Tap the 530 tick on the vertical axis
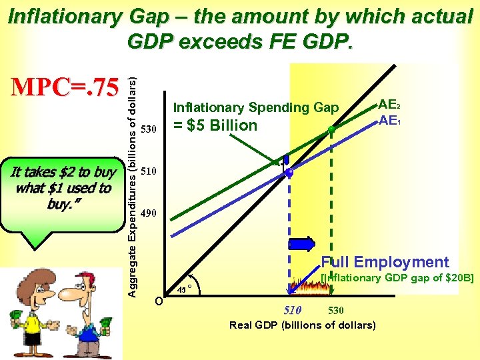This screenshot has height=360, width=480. (150, 128)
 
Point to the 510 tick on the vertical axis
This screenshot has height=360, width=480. (150, 171)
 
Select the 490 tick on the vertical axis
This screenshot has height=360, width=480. (150, 214)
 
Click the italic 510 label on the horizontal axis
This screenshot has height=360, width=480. (293, 310)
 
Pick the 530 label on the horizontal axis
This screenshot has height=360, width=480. (336, 311)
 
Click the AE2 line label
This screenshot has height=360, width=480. (389, 104)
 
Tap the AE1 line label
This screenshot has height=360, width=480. (389, 120)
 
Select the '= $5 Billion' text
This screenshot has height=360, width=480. (215, 125)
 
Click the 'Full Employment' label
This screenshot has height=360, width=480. (385, 262)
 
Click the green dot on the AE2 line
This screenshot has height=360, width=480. (331, 129)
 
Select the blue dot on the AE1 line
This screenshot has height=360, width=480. (289, 173)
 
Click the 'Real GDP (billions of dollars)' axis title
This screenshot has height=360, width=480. (303, 325)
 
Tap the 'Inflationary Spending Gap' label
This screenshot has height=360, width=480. (256, 107)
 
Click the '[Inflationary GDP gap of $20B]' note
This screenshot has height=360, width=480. (397, 277)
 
